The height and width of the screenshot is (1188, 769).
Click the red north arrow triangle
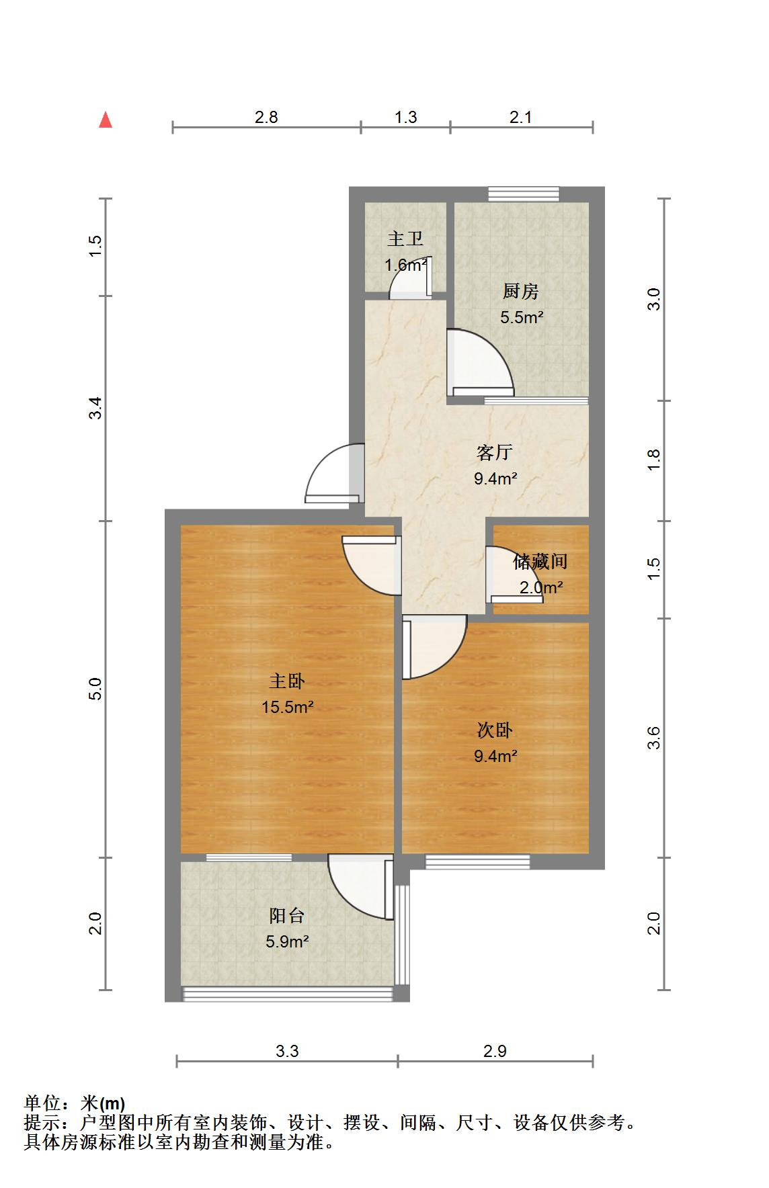(106, 120)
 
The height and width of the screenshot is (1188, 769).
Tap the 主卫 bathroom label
(405, 239)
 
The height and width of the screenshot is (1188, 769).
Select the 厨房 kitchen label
(521, 292)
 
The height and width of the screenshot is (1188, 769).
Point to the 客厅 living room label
(495, 452)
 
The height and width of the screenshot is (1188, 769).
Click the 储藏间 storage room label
(540, 561)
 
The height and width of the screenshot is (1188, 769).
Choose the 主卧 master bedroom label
(287, 681)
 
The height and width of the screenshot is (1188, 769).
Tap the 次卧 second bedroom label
(495, 730)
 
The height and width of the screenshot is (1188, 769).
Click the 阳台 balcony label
(287, 915)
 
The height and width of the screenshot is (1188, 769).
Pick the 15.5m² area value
(288, 707)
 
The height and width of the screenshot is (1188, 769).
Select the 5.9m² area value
(287, 941)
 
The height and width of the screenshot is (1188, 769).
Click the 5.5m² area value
(522, 317)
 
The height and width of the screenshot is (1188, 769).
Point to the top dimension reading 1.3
(405, 117)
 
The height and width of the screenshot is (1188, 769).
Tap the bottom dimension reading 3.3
(287, 1051)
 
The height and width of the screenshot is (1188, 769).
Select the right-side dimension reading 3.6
(655, 738)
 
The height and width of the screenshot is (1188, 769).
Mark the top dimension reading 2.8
(266, 117)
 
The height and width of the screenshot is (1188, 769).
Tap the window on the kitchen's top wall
(524, 194)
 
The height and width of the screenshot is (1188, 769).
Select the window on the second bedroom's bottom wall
(478, 861)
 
